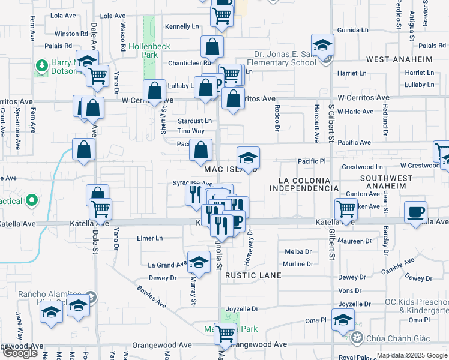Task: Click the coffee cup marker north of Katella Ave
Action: (415, 212)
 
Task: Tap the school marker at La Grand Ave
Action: (199, 262)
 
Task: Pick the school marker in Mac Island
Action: (248, 158)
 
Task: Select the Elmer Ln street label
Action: (150, 238)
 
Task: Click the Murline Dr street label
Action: (298, 264)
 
